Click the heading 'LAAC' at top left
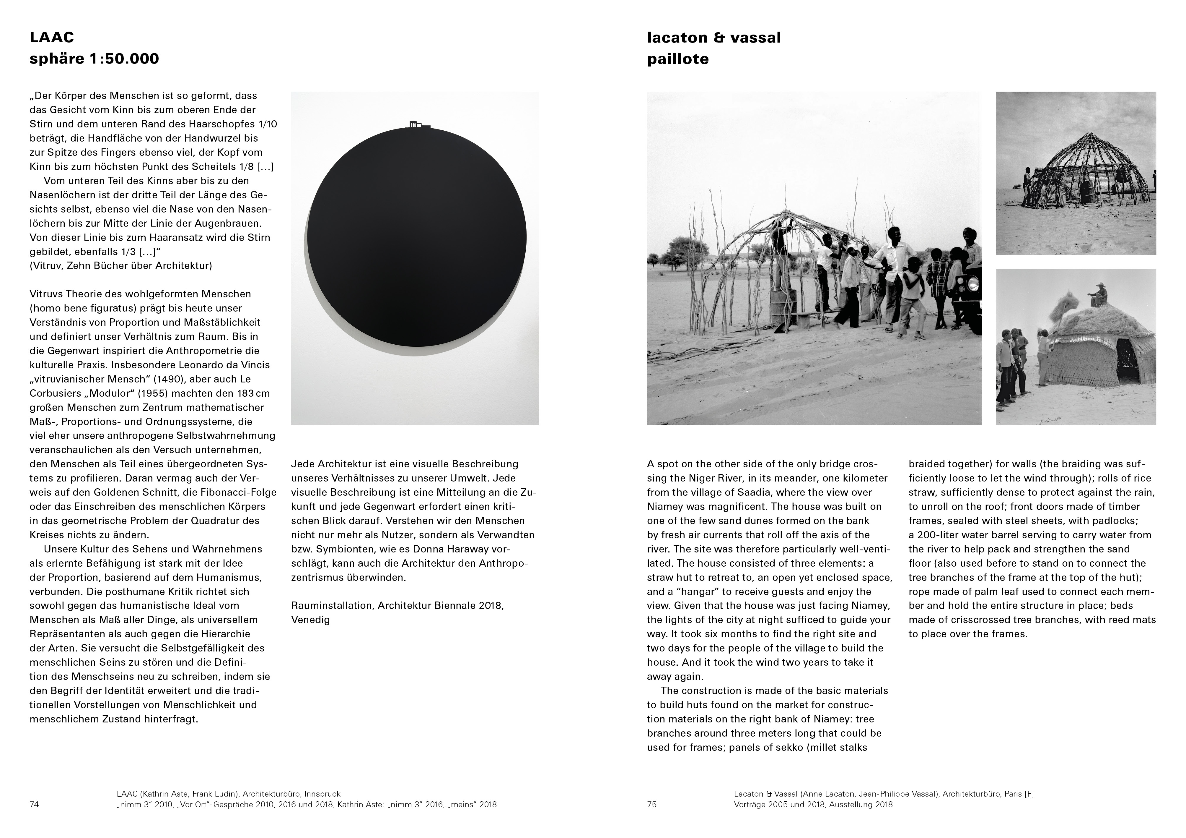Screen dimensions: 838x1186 pos(52,37)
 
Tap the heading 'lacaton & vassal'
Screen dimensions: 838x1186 pos(713,37)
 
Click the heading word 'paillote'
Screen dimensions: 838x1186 pos(678,59)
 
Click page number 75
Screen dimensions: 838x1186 pos(651,804)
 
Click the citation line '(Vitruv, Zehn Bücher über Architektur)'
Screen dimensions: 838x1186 pos(121,266)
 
